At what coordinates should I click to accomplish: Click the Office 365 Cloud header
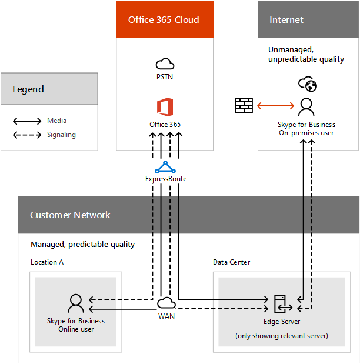[x=164, y=19]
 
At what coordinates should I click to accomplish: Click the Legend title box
[x=49, y=89]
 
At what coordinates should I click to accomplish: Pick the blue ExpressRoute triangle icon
[x=165, y=167]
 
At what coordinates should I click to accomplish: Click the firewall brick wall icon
[x=244, y=105]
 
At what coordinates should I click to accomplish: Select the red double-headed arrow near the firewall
[x=275, y=106]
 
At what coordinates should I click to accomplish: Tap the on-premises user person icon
[x=306, y=107]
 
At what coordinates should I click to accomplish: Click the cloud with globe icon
[x=306, y=84]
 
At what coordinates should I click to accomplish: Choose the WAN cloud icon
[x=166, y=303]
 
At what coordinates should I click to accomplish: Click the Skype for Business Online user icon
[x=76, y=303]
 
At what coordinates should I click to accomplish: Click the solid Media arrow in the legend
[x=26, y=121]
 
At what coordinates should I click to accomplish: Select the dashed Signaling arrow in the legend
[x=26, y=135]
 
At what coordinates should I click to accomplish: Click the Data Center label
[x=231, y=262]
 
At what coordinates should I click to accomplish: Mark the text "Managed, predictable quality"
[x=82, y=244]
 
